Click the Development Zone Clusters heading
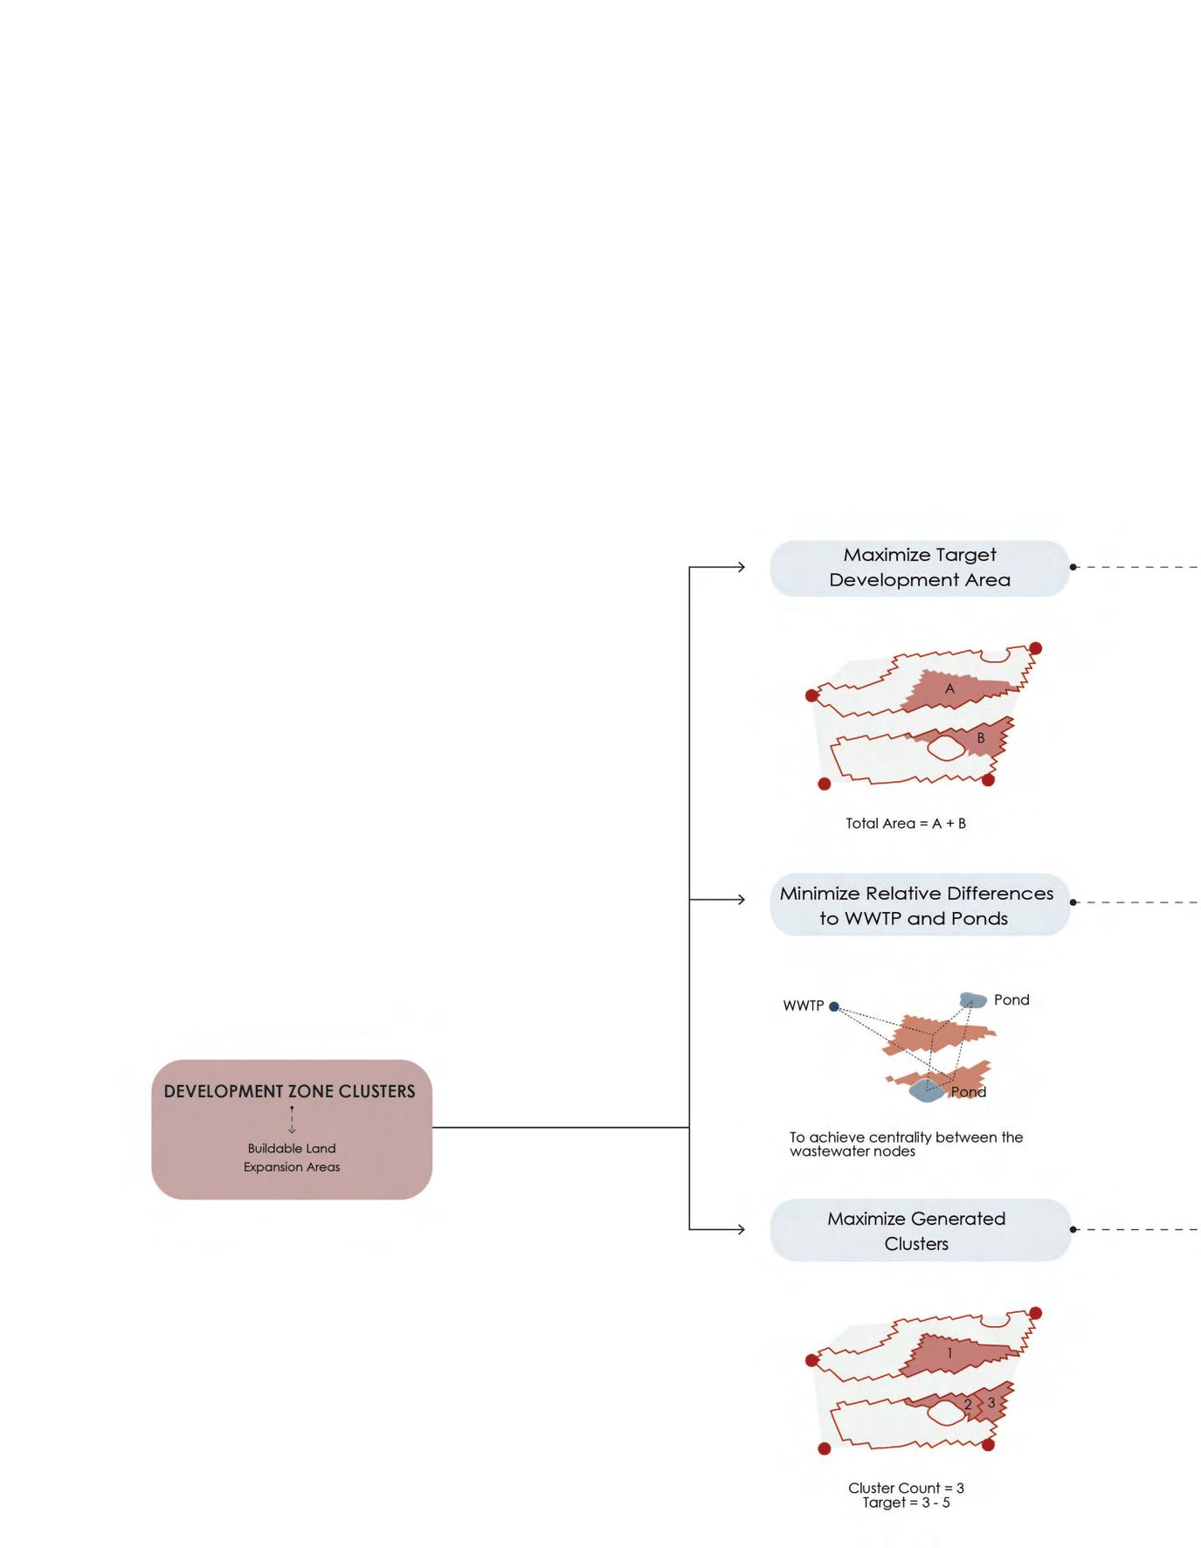[289, 1091]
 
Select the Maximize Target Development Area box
[919, 568]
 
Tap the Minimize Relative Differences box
[919, 905]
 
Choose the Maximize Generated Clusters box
[919, 1230]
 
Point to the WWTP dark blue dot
[834, 1006]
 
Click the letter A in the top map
[950, 688]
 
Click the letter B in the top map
[981, 738]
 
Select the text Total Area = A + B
[906, 823]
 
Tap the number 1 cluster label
[950, 1353]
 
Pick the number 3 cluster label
[991, 1403]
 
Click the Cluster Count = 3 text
[906, 1488]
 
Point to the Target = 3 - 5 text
[906, 1503]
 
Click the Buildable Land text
[292, 1148]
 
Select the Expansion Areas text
[292, 1167]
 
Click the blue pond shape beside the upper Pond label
[972, 999]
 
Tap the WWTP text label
[804, 1006]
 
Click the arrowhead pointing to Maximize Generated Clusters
[741, 1229]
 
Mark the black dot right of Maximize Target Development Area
[1073, 567]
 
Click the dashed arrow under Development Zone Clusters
[292, 1120]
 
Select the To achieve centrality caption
[906, 1144]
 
